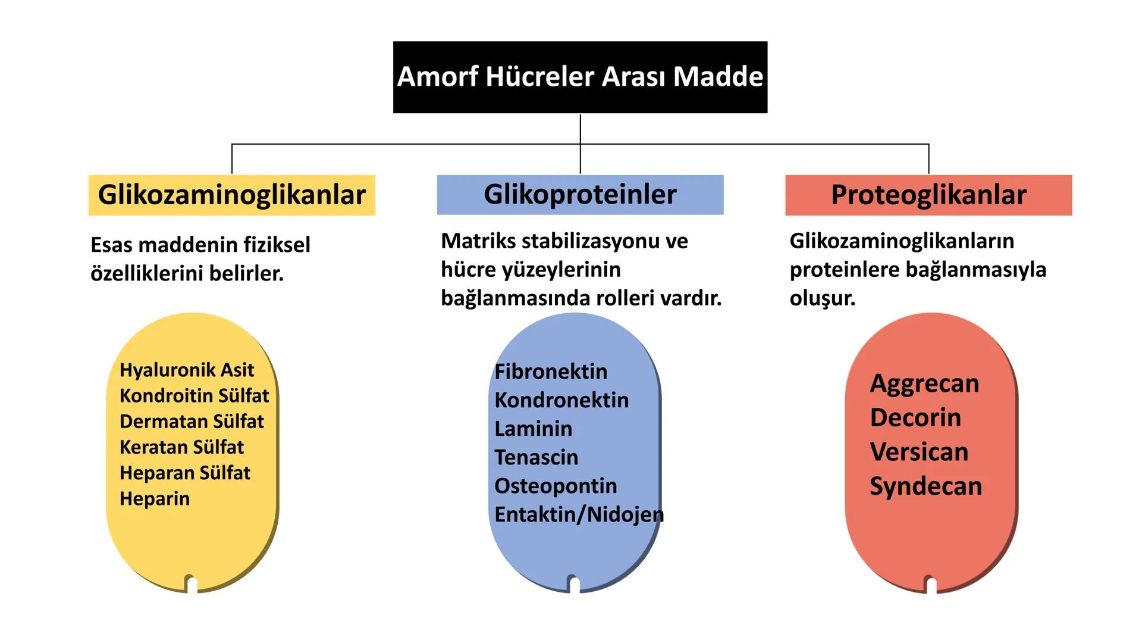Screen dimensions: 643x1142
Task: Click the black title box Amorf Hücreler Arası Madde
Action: (580, 77)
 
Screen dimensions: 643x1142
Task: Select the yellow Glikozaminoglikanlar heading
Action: (231, 195)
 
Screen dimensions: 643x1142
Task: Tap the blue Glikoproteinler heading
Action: (580, 195)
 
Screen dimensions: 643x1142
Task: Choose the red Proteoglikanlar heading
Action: (928, 195)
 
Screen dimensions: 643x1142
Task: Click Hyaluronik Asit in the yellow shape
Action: (187, 370)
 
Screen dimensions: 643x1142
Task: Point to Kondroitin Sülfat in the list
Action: (194, 395)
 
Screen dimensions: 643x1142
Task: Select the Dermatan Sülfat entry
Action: (192, 421)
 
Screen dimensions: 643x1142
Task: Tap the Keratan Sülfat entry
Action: (181, 447)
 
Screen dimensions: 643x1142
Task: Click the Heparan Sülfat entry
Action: (185, 473)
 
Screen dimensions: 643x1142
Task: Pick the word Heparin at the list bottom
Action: (155, 498)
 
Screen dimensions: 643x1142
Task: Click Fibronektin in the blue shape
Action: (551, 372)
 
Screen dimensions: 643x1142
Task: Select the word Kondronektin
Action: (561, 400)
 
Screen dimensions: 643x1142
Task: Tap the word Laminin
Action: (533, 429)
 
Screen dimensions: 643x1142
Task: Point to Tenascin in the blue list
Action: (536, 457)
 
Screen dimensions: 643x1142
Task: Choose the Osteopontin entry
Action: (556, 486)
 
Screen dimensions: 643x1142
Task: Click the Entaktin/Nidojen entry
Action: (579, 514)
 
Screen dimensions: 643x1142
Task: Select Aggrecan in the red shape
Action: (924, 383)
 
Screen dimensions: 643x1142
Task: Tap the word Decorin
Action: (915, 417)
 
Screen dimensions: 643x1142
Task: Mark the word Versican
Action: (919, 452)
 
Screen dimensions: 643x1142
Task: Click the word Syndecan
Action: (925, 486)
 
